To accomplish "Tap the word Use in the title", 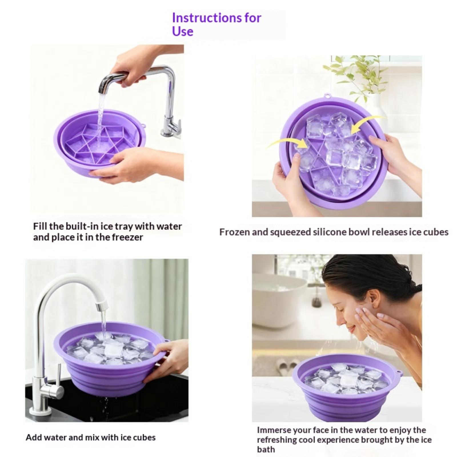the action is (x=183, y=31).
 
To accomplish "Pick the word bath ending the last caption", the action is (x=266, y=449).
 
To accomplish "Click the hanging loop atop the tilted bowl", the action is (x=328, y=96).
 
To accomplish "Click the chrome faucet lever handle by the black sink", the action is (x=58, y=377).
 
